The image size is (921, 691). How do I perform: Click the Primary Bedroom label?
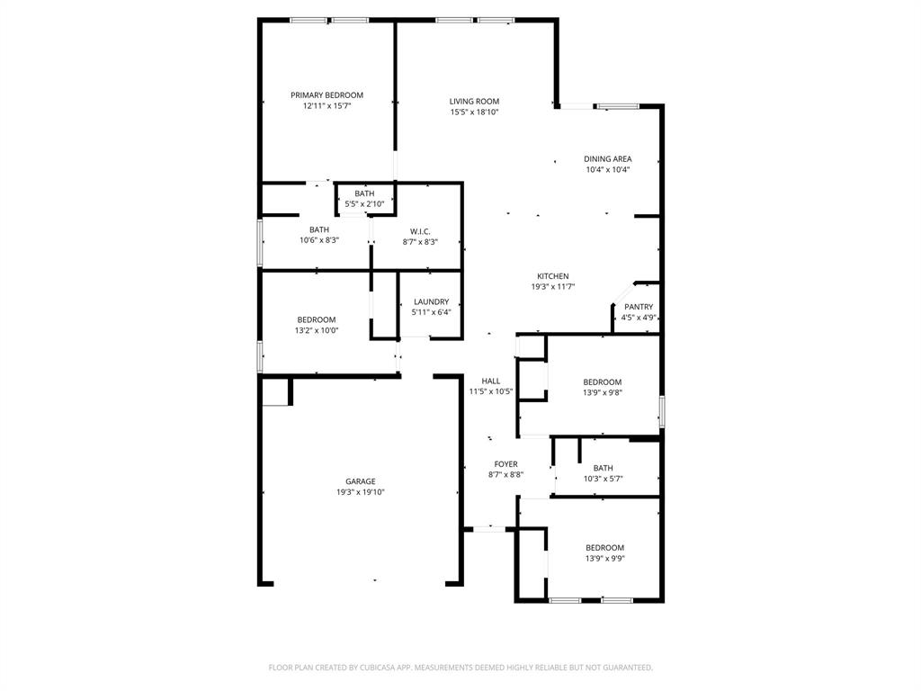click(326, 95)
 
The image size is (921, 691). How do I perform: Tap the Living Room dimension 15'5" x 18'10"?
click(474, 112)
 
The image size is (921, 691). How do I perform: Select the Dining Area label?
click(608, 159)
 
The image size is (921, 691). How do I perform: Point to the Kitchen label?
click(553, 276)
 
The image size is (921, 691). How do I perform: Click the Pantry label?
click(639, 307)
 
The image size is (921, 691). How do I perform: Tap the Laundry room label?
click(431, 302)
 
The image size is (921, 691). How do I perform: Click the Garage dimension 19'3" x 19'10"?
click(361, 492)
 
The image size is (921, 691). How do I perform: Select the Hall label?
click(491, 381)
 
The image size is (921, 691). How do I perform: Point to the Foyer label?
click(505, 464)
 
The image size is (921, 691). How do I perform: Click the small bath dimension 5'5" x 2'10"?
click(364, 204)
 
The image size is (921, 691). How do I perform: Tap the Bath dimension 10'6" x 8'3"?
click(319, 240)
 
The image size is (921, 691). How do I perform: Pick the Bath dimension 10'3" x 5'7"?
click(603, 479)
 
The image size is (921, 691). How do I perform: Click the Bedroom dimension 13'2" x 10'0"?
click(317, 330)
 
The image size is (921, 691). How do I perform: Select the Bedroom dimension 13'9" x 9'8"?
click(602, 392)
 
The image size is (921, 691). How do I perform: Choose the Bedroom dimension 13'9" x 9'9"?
click(604, 558)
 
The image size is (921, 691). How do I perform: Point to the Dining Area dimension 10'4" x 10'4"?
click(608, 169)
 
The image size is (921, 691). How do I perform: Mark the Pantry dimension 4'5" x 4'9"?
click(639, 317)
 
